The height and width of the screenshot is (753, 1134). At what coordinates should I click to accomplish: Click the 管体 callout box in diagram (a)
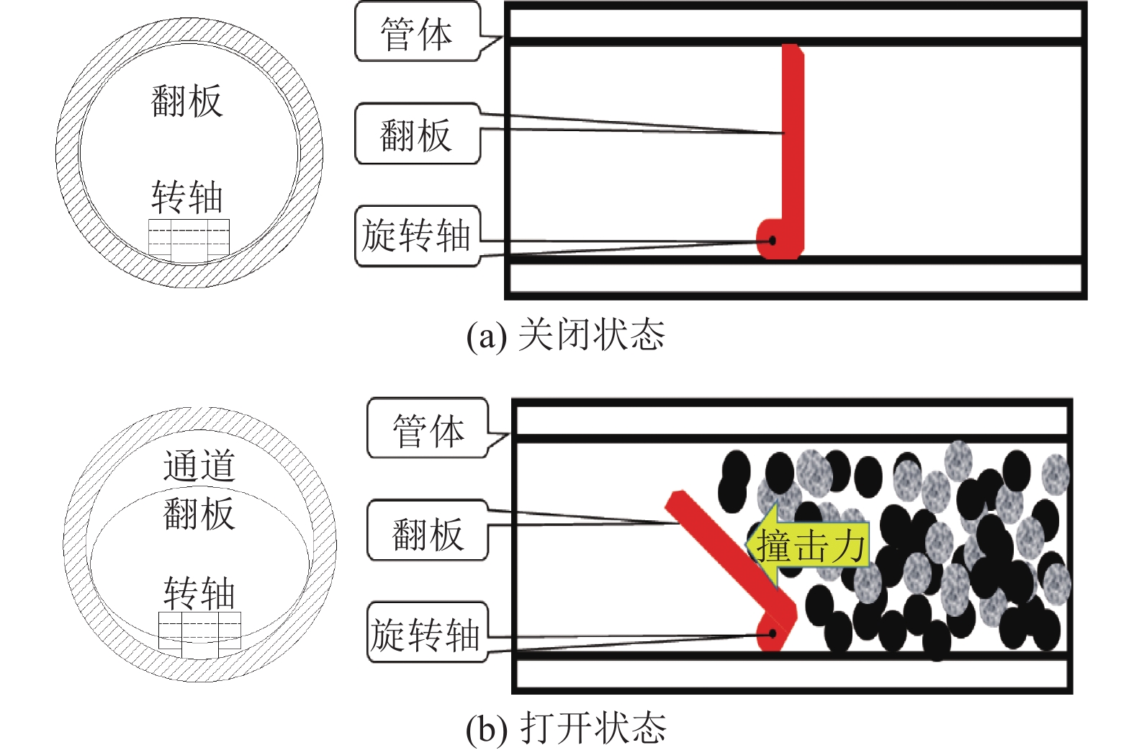click(x=417, y=33)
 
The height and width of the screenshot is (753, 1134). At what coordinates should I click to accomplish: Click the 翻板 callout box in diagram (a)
click(x=417, y=134)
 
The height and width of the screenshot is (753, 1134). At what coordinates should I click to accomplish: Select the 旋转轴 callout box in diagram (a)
click(x=417, y=236)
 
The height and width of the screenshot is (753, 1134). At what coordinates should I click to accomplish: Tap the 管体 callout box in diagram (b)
click(x=428, y=429)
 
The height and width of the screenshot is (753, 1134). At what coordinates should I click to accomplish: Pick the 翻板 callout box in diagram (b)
click(x=428, y=532)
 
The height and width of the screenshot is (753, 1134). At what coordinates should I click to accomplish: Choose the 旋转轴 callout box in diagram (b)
click(x=426, y=633)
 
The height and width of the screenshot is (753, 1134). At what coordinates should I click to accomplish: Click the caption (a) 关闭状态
click(x=566, y=334)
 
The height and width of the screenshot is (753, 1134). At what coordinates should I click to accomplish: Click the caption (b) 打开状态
click(x=566, y=728)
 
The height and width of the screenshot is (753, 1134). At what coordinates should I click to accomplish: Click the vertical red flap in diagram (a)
click(x=793, y=144)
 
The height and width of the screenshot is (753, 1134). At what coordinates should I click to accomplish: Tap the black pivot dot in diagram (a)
click(x=772, y=240)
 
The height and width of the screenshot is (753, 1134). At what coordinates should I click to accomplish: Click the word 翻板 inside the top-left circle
click(x=186, y=101)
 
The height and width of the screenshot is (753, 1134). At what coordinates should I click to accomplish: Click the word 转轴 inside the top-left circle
click(x=186, y=197)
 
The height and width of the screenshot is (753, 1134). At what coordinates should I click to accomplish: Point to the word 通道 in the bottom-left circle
click(x=199, y=465)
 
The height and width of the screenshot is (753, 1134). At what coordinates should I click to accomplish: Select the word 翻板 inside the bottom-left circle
click(x=199, y=513)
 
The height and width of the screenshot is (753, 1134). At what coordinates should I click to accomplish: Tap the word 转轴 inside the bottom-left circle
click(x=199, y=593)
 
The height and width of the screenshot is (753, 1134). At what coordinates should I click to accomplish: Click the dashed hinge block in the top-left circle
click(x=189, y=237)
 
